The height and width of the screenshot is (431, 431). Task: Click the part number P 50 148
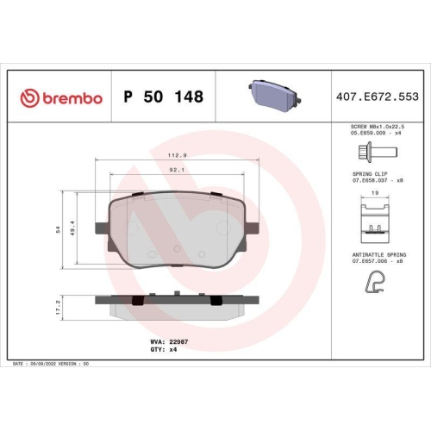click(164, 97)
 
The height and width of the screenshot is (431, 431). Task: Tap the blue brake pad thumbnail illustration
click(275, 92)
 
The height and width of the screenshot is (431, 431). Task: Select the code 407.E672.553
click(378, 97)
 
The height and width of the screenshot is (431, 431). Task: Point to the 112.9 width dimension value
click(178, 155)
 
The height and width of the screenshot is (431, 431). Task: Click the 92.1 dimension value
click(177, 170)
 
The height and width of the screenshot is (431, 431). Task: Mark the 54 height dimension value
click(59, 229)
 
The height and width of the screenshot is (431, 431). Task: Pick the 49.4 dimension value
click(72, 228)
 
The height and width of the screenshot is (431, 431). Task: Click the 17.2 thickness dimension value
click(59, 308)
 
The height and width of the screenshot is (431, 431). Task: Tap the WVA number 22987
click(178, 342)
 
